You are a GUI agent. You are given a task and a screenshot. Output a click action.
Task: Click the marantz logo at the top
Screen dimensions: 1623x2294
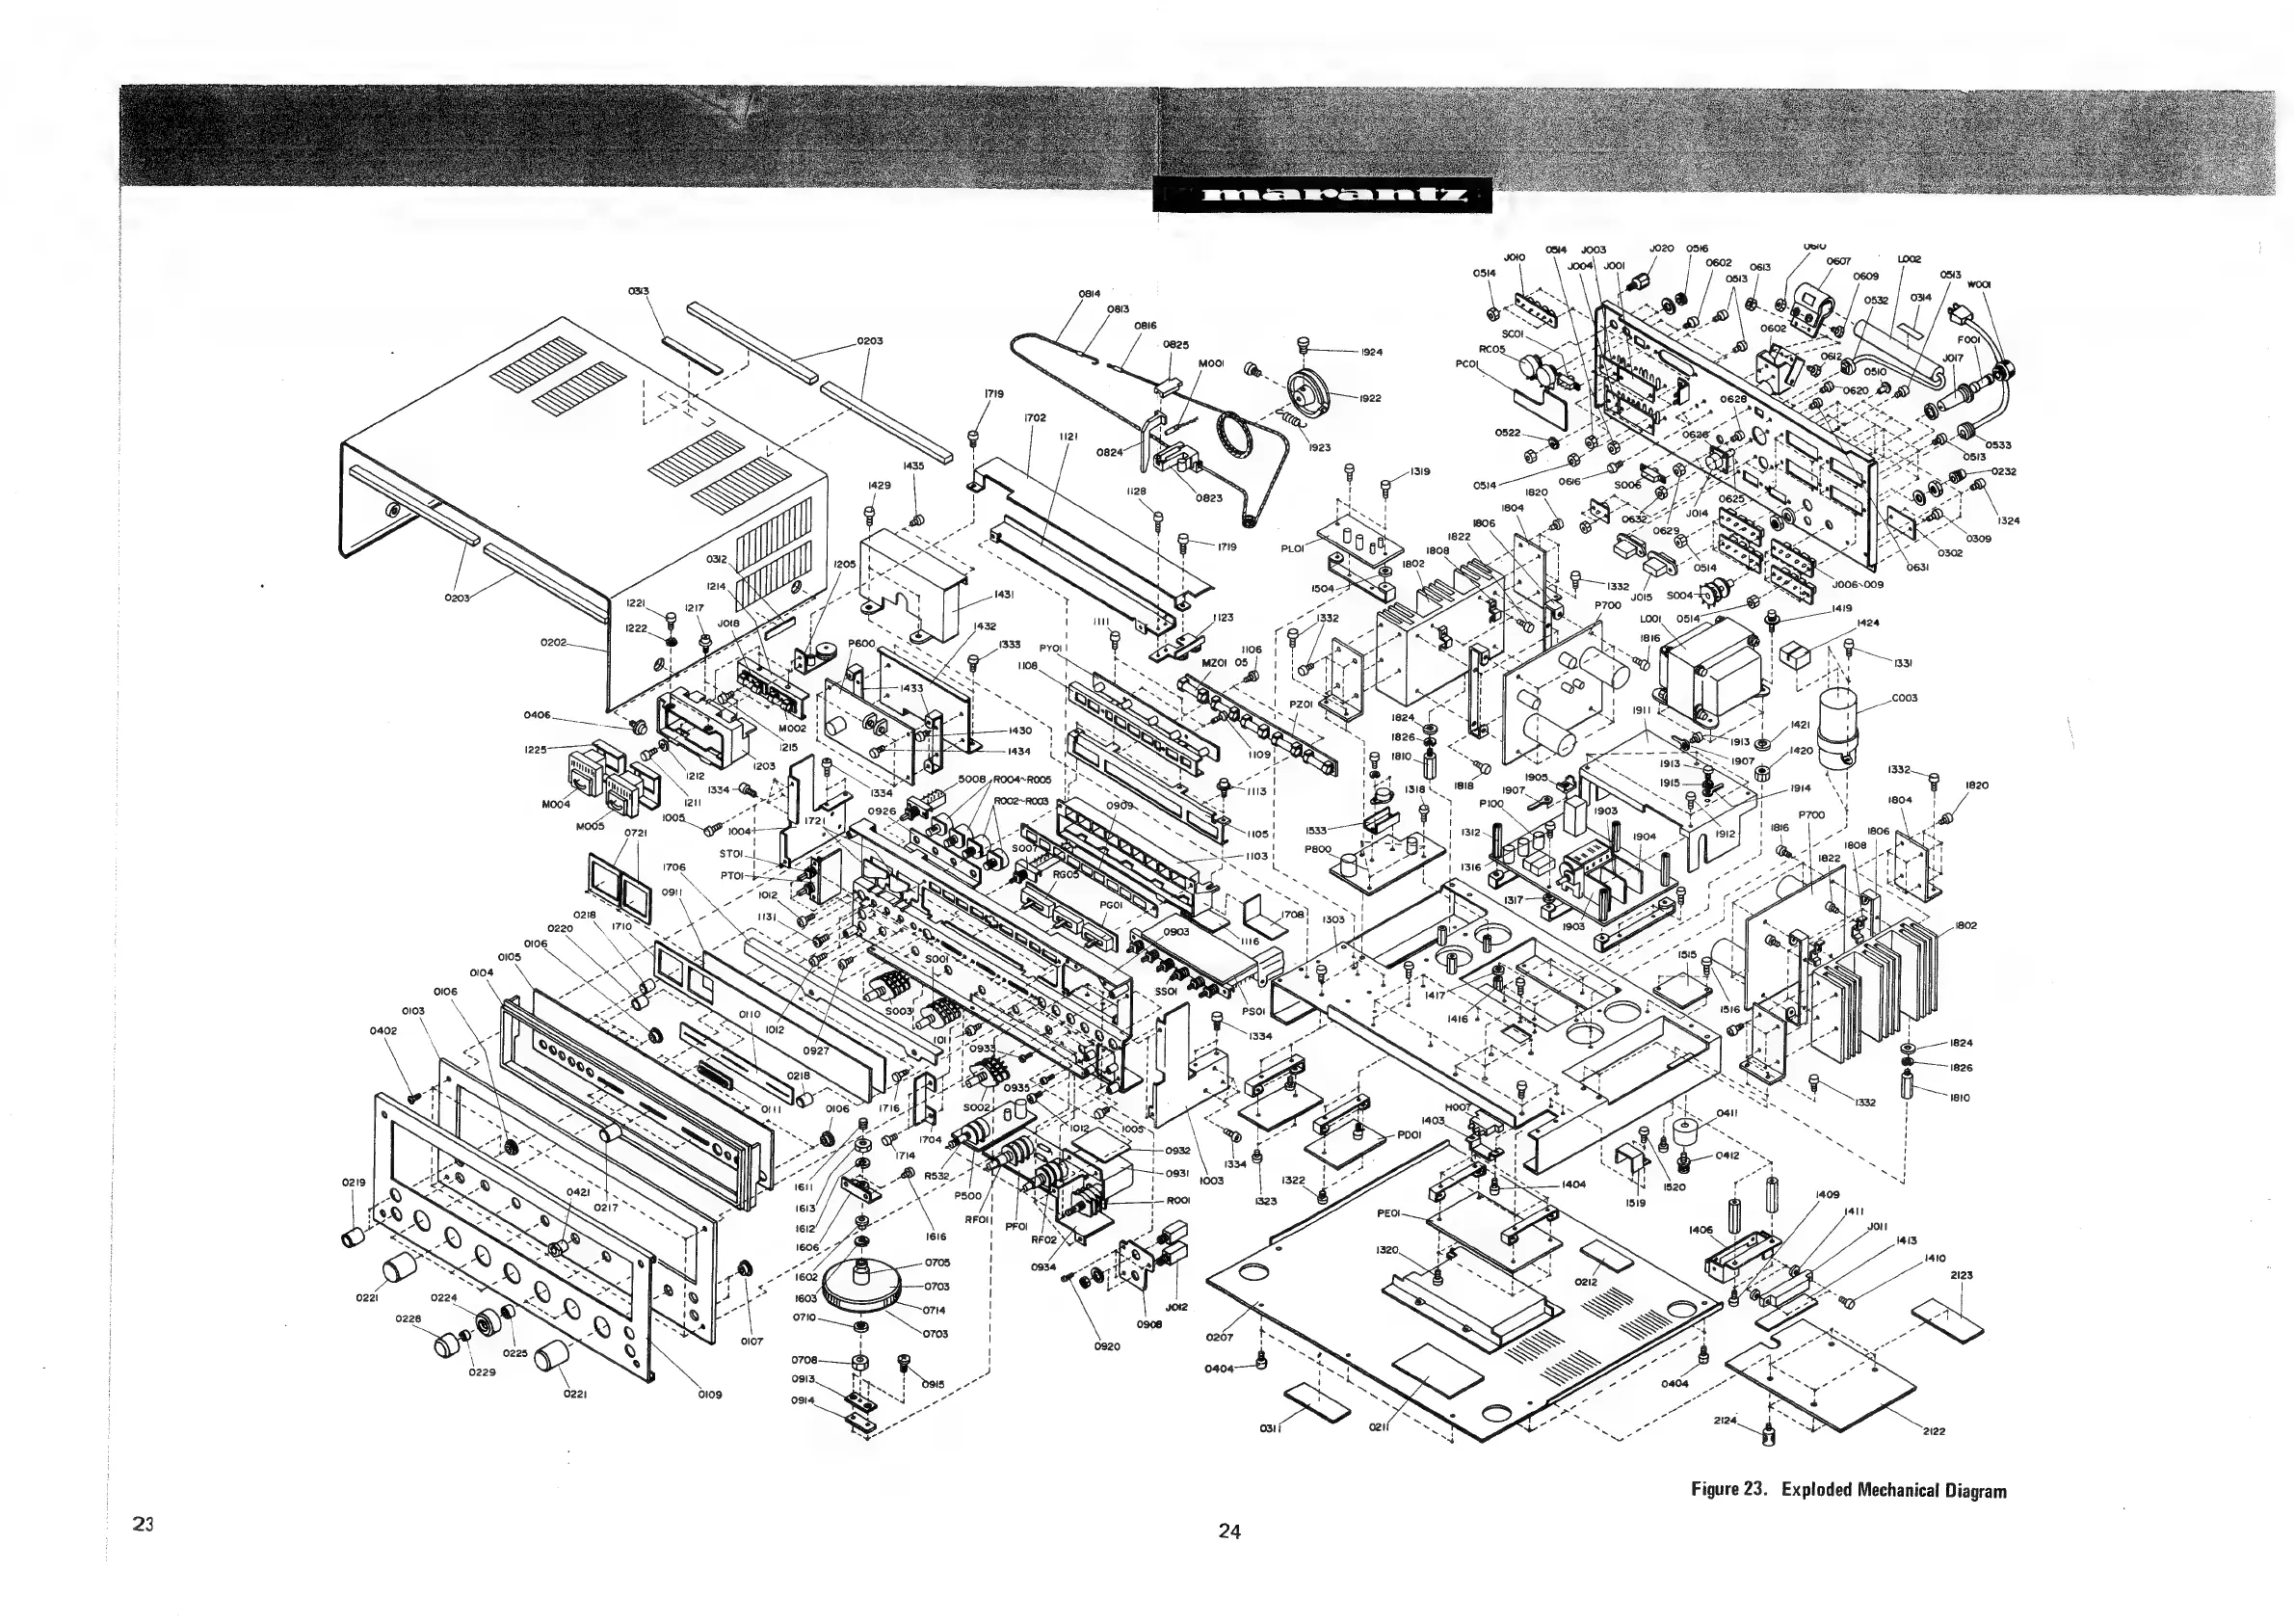[x=1321, y=196]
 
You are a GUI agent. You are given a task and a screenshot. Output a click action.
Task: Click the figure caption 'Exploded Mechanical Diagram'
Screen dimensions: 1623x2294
[x=1847, y=1491]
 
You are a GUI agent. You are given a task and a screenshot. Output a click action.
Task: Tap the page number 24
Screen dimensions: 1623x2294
[x=1229, y=1530]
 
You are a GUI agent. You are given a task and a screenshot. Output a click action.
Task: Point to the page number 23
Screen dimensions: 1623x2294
[x=142, y=1523]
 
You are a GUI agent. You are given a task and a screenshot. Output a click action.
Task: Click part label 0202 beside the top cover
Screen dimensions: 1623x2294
[x=554, y=642]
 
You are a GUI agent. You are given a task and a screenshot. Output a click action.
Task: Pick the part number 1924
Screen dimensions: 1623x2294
[x=1371, y=352]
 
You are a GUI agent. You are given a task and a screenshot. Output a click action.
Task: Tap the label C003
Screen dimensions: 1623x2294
[x=1905, y=698]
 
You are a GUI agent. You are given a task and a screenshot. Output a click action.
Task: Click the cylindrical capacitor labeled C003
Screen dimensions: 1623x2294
[x=1838, y=725]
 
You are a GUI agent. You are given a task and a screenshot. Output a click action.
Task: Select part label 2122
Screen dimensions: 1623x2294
[x=1934, y=1431]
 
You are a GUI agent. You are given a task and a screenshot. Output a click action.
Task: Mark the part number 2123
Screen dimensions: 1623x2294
[x=1962, y=1275]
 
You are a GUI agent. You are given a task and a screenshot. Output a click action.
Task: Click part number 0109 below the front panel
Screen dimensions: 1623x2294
[x=709, y=1395]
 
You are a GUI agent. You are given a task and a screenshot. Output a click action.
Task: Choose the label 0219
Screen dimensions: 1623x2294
[x=353, y=1183]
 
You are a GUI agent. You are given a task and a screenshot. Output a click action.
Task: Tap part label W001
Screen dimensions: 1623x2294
[x=1979, y=283]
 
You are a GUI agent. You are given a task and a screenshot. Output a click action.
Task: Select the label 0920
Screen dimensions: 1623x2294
[x=1107, y=1346]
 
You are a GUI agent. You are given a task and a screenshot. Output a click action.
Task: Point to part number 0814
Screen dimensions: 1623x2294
[x=1089, y=293]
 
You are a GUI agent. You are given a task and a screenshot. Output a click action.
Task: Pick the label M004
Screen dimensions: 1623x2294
[x=557, y=805]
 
